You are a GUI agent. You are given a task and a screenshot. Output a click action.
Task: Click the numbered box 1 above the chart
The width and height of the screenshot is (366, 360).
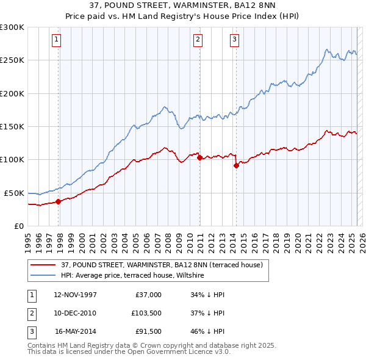[x=56, y=40]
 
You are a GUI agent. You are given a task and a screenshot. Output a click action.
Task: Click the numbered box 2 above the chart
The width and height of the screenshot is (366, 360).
[x=198, y=40]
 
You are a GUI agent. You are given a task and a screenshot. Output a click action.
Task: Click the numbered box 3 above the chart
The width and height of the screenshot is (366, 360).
[x=235, y=40]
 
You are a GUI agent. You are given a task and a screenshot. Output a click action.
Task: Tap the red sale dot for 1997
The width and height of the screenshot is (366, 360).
[x=59, y=201]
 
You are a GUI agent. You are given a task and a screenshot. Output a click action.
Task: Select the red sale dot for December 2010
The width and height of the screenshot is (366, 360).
[x=199, y=157]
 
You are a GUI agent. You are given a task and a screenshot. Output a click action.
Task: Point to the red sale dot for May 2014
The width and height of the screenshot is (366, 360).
[x=236, y=165]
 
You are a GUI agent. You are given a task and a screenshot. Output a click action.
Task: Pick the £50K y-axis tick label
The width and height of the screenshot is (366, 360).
[x=13, y=193]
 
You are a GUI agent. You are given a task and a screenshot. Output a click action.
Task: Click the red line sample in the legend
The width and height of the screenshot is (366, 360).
[x=43, y=265]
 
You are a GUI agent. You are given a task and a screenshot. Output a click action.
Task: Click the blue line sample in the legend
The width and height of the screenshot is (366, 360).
[x=43, y=275]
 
